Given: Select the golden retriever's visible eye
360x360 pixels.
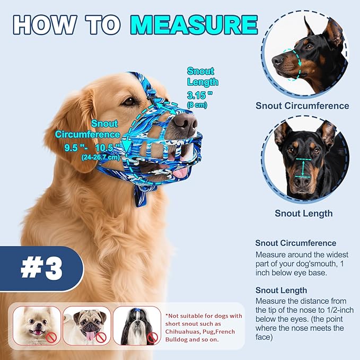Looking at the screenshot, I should (129, 101).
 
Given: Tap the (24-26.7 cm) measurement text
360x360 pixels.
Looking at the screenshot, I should (101, 157).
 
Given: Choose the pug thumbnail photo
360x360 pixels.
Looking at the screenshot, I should (87, 326).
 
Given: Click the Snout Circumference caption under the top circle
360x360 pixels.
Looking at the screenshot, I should (302, 106).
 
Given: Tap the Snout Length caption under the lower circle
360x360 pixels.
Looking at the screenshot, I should (303, 213).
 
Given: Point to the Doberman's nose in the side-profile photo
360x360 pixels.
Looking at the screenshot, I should (278, 60).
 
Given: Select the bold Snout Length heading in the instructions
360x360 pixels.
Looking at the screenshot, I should (281, 290).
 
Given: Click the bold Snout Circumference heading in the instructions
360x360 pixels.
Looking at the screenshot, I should (295, 243).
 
